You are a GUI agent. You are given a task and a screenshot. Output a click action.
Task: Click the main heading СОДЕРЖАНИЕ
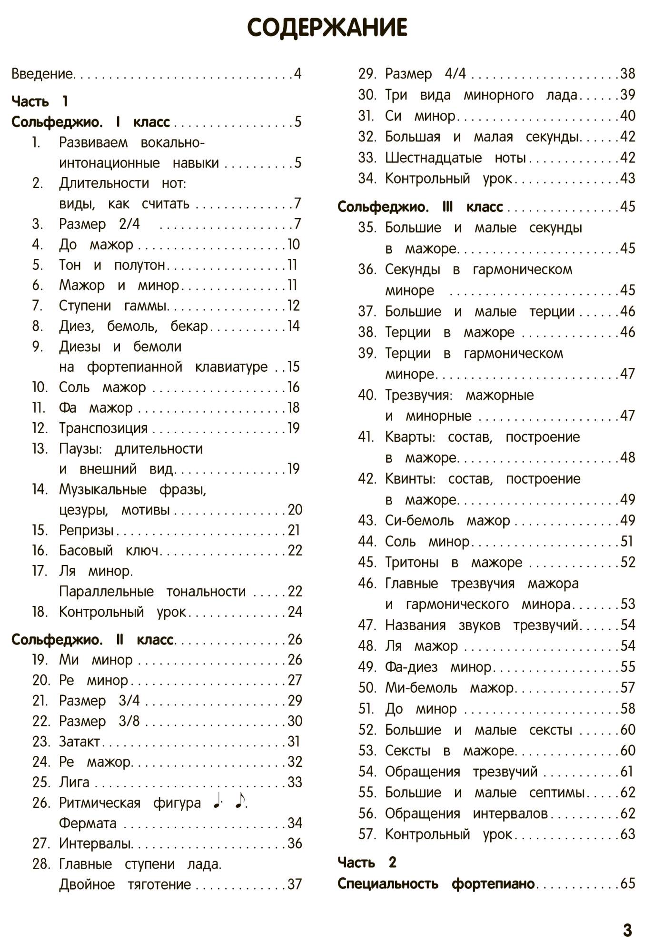[x=327, y=28]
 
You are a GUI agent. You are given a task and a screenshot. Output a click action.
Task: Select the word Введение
[x=42, y=74]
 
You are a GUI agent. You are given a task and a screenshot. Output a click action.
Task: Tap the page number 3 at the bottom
[x=627, y=930]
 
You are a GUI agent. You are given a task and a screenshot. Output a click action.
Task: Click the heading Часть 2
[x=367, y=862]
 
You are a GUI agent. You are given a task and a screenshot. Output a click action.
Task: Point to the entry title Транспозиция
[x=103, y=428]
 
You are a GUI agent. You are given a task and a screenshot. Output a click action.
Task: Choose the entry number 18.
[x=40, y=612]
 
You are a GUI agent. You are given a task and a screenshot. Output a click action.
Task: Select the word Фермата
[x=88, y=823]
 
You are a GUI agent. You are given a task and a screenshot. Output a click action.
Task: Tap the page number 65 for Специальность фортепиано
[x=627, y=883]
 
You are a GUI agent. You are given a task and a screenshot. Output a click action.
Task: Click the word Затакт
[x=79, y=742]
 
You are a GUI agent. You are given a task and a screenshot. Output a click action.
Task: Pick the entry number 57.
[x=367, y=834]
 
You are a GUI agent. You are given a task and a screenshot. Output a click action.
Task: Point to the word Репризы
[x=86, y=530]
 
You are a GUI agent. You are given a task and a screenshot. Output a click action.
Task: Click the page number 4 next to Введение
[x=297, y=74]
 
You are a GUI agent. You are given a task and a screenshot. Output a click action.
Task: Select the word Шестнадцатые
[x=433, y=158]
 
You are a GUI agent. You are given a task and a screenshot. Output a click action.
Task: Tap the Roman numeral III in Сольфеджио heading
[x=447, y=207]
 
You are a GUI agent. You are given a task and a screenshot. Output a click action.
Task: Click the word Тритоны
[x=412, y=562]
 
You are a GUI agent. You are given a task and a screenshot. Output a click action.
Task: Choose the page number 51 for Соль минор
[x=626, y=541]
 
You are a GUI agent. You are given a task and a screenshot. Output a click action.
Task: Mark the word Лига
[x=74, y=782]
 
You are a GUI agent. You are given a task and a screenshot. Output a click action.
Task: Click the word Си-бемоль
[x=419, y=520]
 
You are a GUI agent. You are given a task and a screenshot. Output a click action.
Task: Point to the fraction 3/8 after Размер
[x=129, y=721]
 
